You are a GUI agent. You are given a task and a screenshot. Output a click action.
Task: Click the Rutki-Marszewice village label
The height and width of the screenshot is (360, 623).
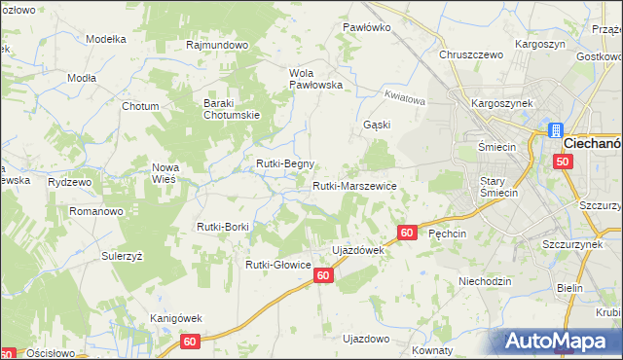pos(353,185)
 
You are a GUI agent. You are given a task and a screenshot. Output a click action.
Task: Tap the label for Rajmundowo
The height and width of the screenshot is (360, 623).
pos(217,45)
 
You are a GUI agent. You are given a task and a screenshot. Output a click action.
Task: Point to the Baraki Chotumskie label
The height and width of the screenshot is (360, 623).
pos(229,109)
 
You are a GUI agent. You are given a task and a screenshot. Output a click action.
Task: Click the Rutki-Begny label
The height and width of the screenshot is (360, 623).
pos(284,163)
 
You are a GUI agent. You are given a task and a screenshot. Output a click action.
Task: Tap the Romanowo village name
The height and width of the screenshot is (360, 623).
pos(94,210)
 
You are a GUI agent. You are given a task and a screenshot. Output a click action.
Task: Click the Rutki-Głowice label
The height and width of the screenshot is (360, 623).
pos(277,264)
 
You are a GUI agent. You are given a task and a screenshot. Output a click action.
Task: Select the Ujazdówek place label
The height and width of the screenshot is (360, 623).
pos(359,250)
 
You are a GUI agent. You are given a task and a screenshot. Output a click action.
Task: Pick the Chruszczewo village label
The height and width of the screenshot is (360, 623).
pos(471,54)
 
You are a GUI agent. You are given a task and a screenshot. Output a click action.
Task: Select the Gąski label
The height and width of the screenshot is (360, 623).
pos(377,125)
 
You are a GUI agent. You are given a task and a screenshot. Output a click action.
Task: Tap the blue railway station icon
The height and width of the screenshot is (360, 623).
pos(555,130)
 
